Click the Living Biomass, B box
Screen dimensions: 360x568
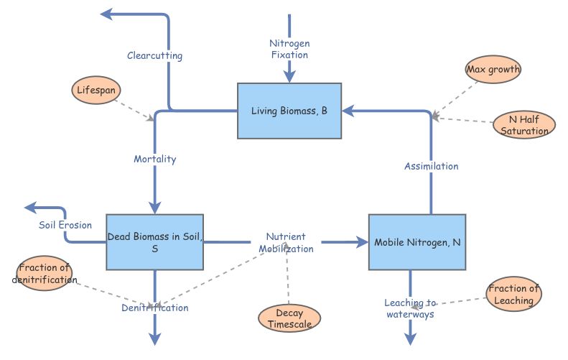tap(289, 111)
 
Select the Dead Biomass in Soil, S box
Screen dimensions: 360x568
tap(154, 242)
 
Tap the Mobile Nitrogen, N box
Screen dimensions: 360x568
tap(417, 242)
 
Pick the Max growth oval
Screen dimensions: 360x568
tap(493, 70)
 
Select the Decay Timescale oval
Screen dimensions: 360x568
tap(288, 318)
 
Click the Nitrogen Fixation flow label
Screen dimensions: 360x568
tap(289, 49)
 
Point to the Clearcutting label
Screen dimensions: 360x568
tap(154, 55)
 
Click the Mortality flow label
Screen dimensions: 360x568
tap(154, 159)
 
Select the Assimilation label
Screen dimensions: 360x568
tap(431, 166)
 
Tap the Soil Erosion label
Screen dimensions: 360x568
tap(65, 225)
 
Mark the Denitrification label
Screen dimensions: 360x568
tap(154, 308)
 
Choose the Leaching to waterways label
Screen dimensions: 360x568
tap(410, 308)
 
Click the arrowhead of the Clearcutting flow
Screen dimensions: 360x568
tap(106, 14)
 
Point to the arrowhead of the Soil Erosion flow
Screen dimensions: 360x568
tap(30, 208)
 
